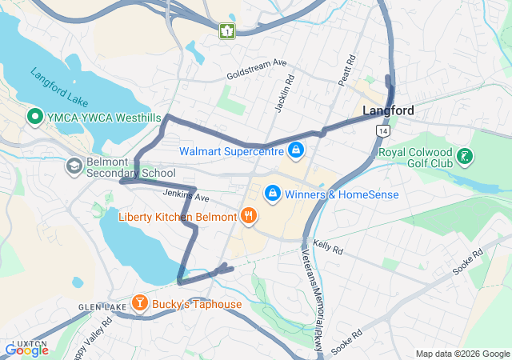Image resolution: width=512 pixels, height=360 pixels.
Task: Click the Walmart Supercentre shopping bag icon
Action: tap(296, 150)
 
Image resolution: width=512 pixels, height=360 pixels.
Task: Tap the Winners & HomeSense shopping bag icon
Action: tap(273, 194)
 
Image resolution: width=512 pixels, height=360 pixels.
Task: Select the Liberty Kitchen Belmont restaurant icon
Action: tap(249, 215)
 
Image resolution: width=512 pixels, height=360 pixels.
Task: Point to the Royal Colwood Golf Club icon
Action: tap(465, 158)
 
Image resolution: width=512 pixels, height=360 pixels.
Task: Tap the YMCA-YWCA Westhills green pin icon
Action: tap(35, 118)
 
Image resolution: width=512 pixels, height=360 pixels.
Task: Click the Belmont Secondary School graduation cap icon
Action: tap(74, 166)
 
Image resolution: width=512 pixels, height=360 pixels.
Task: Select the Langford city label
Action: tap(388, 111)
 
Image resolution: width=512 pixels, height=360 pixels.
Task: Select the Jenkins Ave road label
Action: tap(186, 195)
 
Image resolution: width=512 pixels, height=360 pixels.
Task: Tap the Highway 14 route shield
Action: tap(385, 130)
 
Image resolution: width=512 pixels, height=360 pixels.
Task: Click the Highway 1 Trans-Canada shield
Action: tap(226, 31)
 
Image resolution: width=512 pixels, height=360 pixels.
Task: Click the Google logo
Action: tap(26, 350)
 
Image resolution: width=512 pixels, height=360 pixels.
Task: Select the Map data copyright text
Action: tap(462, 354)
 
